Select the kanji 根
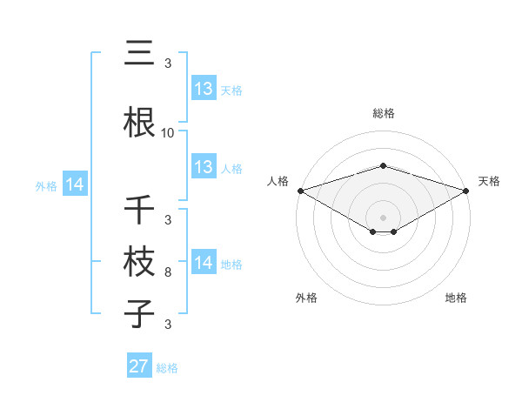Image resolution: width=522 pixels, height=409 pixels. [x=139, y=123]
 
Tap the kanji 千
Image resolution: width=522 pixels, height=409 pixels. [x=139, y=210]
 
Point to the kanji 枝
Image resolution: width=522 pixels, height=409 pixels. [x=139, y=262]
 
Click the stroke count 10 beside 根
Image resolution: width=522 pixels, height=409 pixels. [x=168, y=133]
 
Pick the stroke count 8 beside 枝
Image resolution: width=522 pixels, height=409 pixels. [x=168, y=272]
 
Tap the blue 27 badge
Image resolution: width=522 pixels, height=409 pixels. [x=139, y=366]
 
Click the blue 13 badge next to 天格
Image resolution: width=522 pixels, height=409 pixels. [x=204, y=89]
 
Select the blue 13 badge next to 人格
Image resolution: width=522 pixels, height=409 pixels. [x=204, y=167]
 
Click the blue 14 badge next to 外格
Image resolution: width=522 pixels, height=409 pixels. [x=75, y=184]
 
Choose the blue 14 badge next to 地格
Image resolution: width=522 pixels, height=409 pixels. [x=204, y=263]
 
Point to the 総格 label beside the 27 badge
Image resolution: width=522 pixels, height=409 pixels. [x=167, y=368]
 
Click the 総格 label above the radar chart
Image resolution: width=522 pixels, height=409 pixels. [x=383, y=113]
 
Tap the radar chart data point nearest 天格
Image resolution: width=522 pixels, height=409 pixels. [x=467, y=191]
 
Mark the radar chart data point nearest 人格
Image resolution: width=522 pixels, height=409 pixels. [x=299, y=191]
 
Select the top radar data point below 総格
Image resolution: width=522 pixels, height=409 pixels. [x=383, y=165]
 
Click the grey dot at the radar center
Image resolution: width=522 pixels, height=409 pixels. [x=383, y=217]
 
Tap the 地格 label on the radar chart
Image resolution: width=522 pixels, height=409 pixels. [x=456, y=298]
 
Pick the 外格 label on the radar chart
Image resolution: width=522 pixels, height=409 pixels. [x=306, y=298]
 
